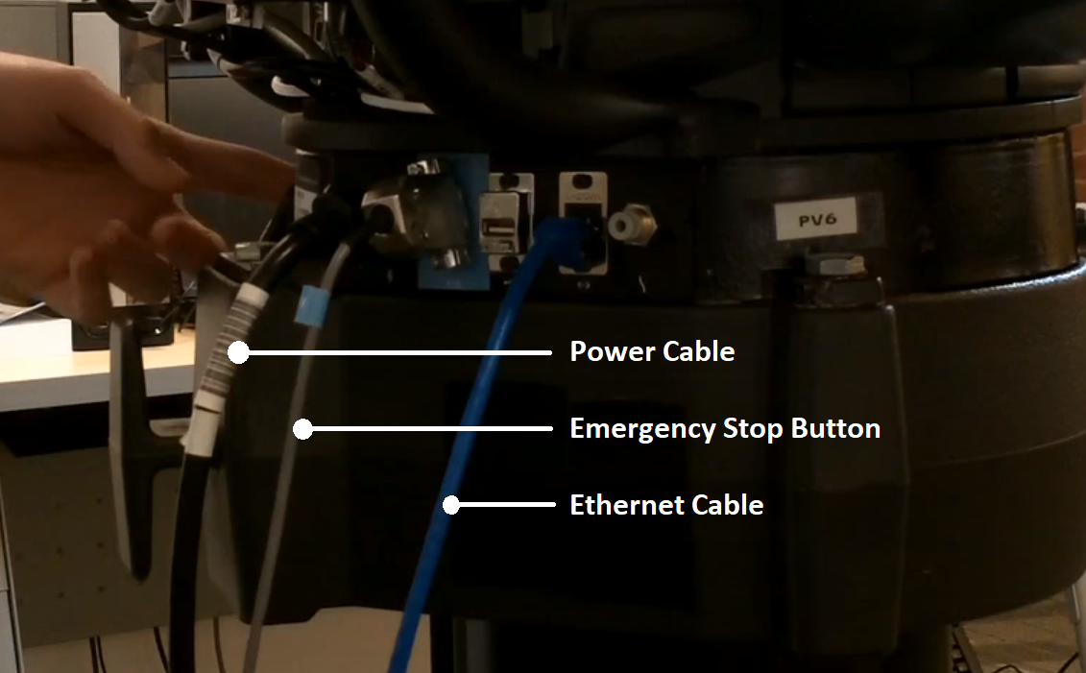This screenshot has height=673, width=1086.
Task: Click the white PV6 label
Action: pos(816,220)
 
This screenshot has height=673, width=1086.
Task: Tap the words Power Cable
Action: pos(652,351)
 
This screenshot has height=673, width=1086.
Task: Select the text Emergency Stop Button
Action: pos(725,428)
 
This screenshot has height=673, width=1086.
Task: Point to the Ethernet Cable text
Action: pos(666,505)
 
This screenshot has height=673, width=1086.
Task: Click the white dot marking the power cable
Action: pos(238,352)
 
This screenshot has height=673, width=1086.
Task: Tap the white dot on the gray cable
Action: pos(302,429)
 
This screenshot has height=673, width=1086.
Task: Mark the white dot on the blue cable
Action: pos(451,505)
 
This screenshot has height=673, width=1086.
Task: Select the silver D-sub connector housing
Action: pos(416,211)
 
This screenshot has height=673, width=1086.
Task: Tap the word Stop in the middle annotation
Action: pos(754,429)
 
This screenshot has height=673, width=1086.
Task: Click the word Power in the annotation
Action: pos(612,351)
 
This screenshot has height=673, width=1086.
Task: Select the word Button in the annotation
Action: pos(836,428)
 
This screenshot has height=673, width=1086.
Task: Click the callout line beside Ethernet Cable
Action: pos(504,505)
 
